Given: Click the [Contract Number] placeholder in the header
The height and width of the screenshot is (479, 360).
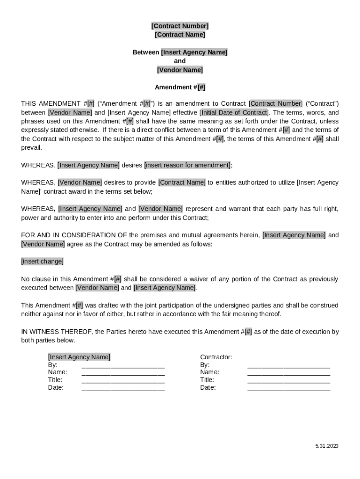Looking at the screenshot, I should click(180, 26).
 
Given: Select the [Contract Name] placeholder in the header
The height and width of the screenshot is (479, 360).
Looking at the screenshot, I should click(180, 35).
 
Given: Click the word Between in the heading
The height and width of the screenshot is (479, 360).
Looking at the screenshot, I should click(146, 52).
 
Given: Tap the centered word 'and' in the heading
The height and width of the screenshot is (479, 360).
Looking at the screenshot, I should click(180, 61).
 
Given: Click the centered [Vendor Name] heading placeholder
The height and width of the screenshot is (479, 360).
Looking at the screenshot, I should click(180, 70).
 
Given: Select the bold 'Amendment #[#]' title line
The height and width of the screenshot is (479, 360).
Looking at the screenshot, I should click(180, 87).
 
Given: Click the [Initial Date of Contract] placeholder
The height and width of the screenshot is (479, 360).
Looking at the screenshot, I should click(234, 113).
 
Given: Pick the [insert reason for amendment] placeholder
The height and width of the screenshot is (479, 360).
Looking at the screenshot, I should click(187, 165).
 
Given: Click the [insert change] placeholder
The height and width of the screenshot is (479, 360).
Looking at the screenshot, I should click(42, 261).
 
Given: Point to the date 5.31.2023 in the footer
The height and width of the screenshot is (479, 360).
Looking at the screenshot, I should click(326, 446).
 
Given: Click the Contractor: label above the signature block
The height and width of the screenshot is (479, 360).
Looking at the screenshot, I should click(216, 357).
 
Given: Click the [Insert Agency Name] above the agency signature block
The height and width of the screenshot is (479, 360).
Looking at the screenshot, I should click(79, 357).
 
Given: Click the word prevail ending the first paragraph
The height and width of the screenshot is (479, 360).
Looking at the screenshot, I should click(31, 148).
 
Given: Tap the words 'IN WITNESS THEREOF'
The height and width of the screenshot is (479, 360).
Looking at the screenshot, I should click(57, 332).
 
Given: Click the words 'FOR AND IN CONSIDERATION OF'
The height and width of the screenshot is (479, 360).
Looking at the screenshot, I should click(74, 235).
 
